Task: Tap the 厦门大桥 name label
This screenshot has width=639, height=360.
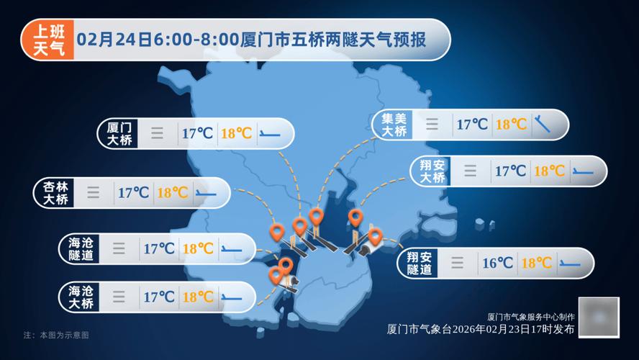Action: point(119,133)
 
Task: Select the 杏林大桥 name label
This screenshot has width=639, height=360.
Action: point(55,192)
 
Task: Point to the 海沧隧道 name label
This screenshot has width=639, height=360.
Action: point(80,248)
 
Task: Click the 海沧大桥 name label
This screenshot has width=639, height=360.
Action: point(80,297)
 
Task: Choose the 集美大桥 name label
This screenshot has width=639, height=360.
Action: point(394,125)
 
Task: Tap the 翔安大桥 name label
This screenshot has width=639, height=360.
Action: point(433,171)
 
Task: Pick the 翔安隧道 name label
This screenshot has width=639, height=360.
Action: point(419,263)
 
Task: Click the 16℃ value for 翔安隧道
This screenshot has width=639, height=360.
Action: point(497,263)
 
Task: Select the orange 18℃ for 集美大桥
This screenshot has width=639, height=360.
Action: point(511,125)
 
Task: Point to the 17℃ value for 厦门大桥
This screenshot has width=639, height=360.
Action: point(197,133)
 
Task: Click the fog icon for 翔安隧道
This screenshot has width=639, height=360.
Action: point(457,263)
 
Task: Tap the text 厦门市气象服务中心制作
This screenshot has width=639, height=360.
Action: point(531,317)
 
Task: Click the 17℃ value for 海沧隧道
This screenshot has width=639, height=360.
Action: point(158,248)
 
